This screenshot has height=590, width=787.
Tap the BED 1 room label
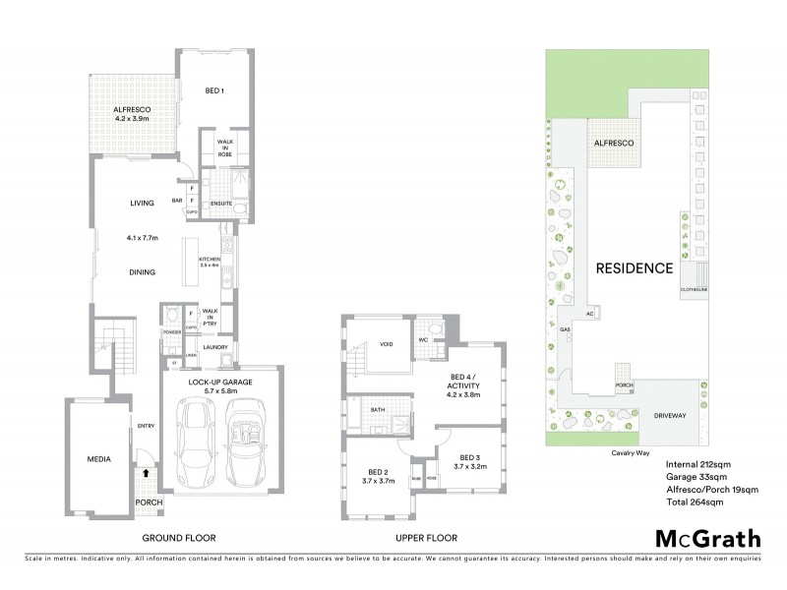[215, 91]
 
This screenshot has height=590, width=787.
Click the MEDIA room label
[98, 459]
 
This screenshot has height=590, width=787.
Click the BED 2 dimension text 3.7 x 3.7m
[379, 481]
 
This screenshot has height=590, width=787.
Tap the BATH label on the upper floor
[378, 410]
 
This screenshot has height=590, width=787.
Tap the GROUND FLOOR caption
[179, 538]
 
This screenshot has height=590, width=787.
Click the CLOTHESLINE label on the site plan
[694, 289]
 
